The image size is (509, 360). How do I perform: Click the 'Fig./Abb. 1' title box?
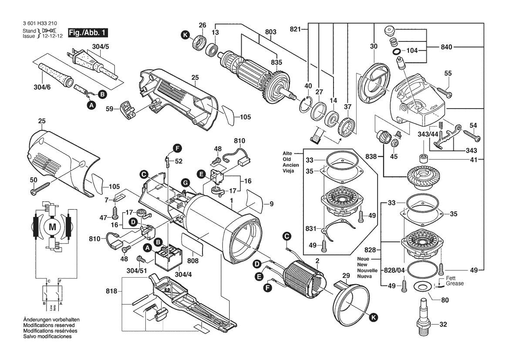[88, 33]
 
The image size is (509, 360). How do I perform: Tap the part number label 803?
[270, 32]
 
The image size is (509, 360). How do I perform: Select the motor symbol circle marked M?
[52, 227]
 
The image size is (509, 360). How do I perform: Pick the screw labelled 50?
[40, 188]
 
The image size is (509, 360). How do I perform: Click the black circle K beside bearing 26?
[185, 35]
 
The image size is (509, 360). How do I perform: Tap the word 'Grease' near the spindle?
[455, 284]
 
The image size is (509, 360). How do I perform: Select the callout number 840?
[446, 47]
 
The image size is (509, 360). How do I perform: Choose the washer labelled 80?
[421, 287]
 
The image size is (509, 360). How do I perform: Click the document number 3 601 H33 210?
[40, 24]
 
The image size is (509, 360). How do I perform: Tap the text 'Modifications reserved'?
[49, 325]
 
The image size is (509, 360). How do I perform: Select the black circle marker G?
[185, 183]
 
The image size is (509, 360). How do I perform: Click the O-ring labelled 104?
[396, 51]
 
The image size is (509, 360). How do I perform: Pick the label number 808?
[193, 261]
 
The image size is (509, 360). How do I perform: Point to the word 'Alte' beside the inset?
[287, 153]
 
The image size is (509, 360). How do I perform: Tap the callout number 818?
[111, 291]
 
